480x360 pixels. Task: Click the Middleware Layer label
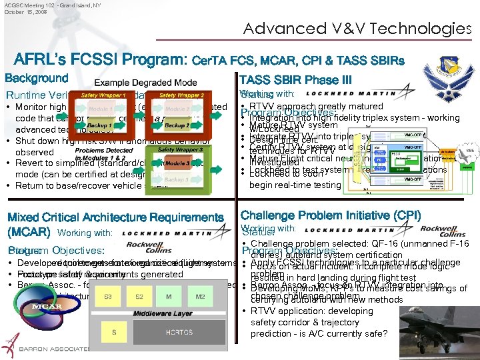tap(163, 313)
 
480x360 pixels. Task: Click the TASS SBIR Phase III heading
tap(295, 80)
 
